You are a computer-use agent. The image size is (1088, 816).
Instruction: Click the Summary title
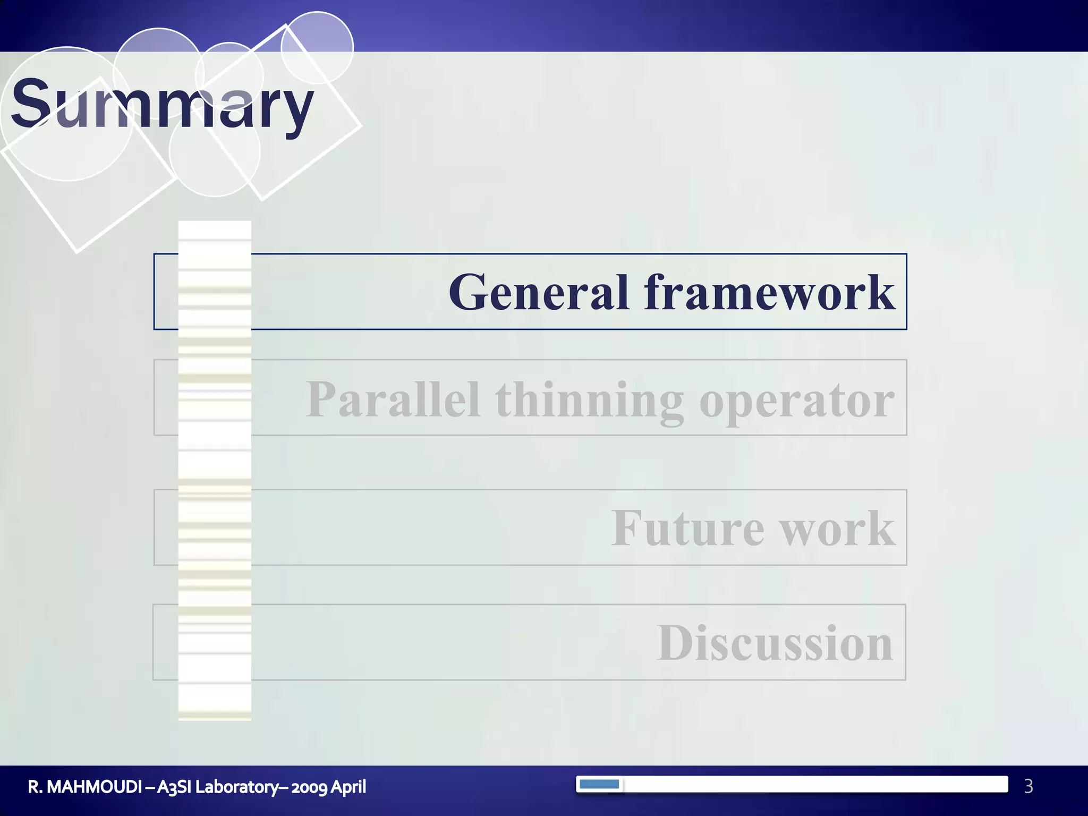(162, 104)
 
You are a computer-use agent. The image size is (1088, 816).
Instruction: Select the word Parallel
(393, 399)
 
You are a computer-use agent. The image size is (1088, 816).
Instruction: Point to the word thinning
(589, 401)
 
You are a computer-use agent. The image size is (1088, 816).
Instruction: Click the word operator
(797, 401)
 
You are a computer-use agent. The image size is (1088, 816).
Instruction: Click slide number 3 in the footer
(1028, 786)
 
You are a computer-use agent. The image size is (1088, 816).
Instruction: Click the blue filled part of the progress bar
(599, 784)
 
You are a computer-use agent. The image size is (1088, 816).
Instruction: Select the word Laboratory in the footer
(237, 787)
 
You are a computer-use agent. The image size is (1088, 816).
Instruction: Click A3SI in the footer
(174, 787)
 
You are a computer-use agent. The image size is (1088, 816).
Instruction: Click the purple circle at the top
(317, 47)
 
